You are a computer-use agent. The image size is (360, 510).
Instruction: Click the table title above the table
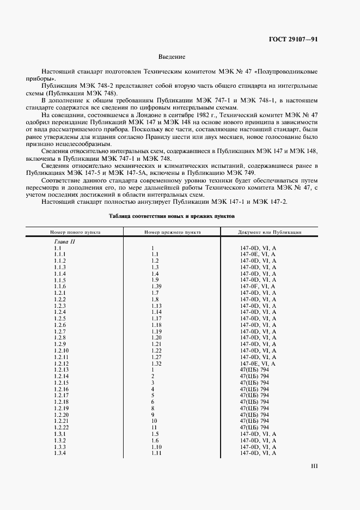[172, 216]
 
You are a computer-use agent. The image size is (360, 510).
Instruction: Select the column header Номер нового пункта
[75, 232]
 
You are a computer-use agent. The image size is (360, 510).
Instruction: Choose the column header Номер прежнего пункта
[172, 232]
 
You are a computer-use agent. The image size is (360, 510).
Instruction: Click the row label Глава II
[64, 241]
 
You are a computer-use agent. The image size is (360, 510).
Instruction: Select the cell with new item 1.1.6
[60, 286]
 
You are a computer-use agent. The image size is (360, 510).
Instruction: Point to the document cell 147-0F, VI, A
[258, 286]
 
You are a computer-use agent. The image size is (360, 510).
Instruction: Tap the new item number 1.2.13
[61, 370]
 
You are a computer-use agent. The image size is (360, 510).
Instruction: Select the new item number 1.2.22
[61, 428]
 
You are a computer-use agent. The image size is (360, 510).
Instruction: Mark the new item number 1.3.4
[60, 453]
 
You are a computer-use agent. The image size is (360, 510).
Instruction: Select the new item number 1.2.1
[60, 293]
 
